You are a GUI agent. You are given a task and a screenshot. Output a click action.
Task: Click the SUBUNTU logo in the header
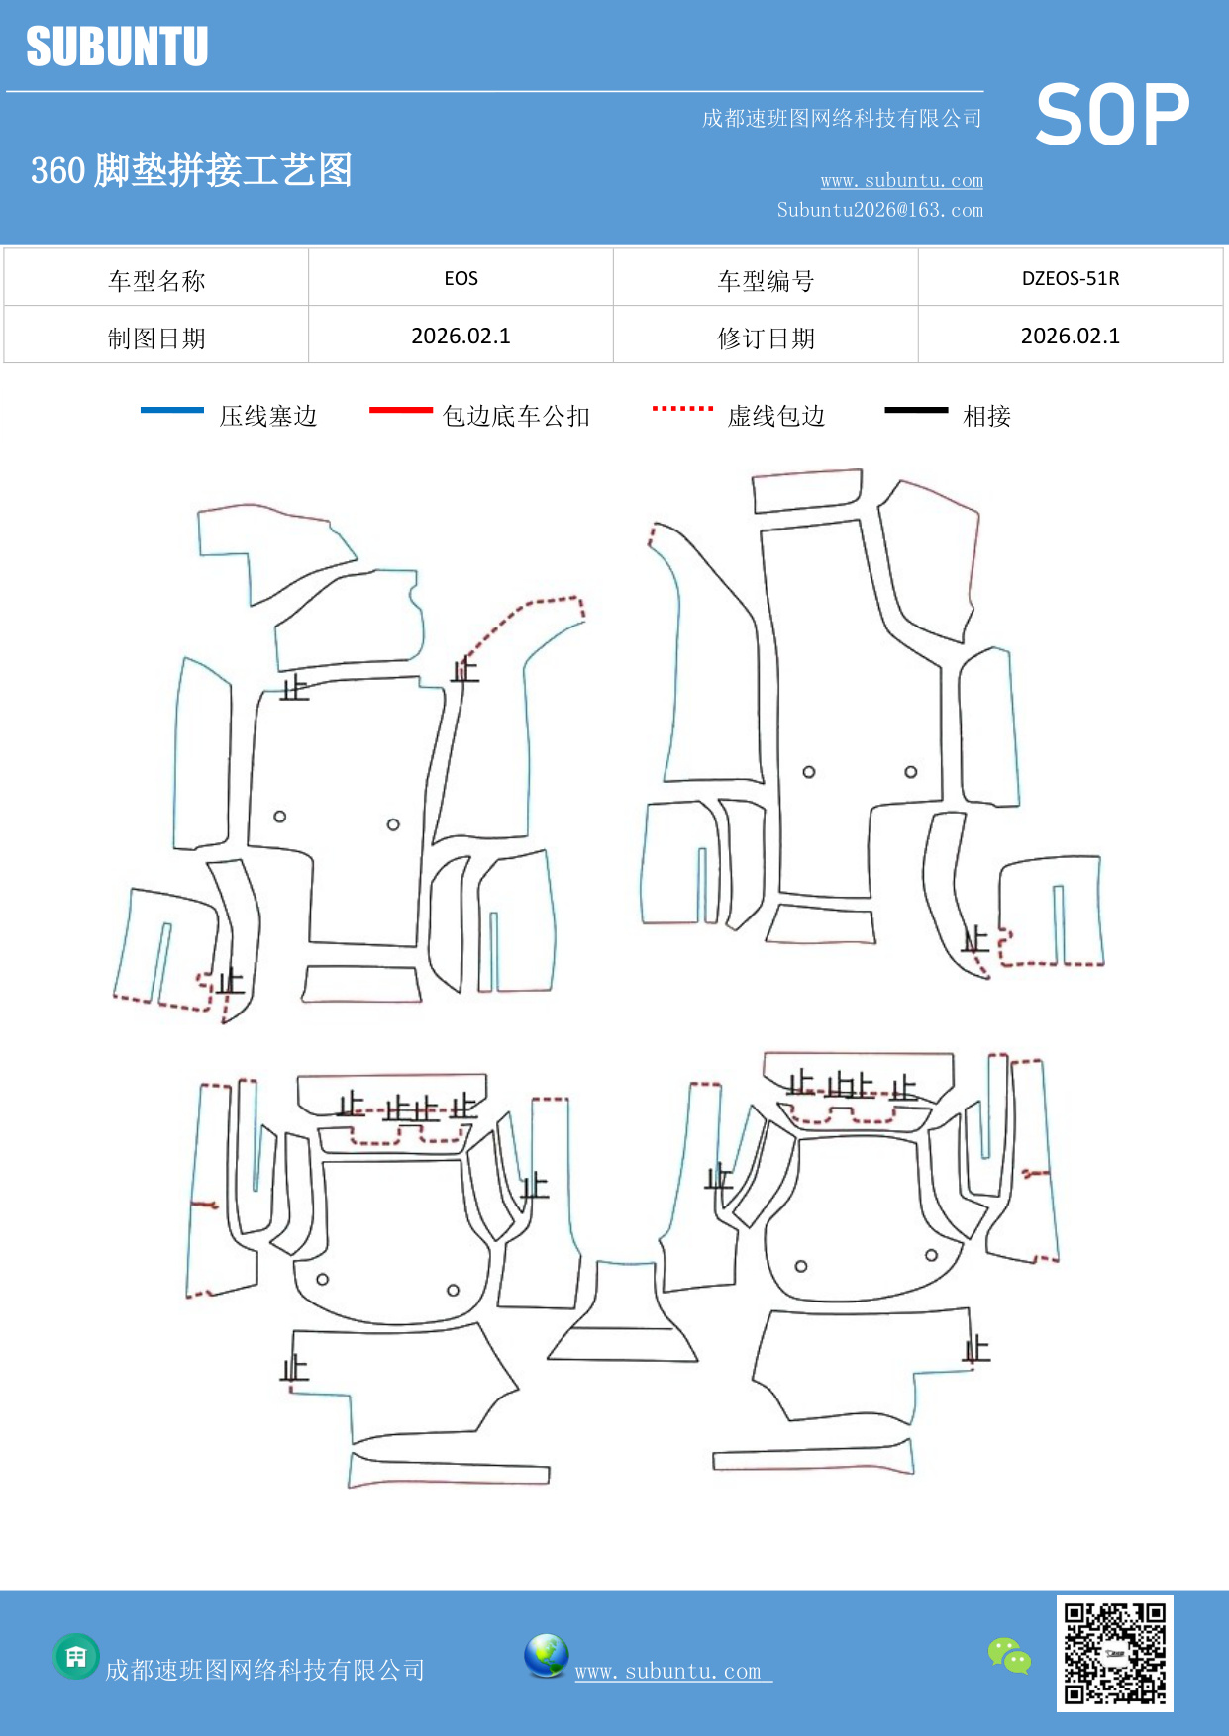pyautogui.click(x=117, y=47)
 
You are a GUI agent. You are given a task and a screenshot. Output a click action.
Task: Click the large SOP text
pyautogui.click(x=1111, y=116)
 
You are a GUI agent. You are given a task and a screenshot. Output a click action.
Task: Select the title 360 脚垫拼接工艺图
pyautogui.click(x=191, y=170)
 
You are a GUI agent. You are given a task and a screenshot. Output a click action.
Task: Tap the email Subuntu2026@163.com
pyautogui.click(x=879, y=210)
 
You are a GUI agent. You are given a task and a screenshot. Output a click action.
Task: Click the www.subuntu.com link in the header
pyautogui.click(x=901, y=180)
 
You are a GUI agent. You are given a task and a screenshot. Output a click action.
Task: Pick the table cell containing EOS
pyautogui.click(x=461, y=278)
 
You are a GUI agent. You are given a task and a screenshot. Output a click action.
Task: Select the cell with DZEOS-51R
pyautogui.click(x=1070, y=278)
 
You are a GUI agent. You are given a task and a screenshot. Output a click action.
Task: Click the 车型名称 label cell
pyautogui.click(x=156, y=280)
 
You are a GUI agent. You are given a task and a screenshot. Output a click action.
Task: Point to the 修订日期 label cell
pyautogui.click(x=766, y=338)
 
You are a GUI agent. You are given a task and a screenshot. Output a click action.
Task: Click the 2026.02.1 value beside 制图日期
pyautogui.click(x=461, y=336)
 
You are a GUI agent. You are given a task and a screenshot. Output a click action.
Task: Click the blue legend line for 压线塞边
pyautogui.click(x=172, y=410)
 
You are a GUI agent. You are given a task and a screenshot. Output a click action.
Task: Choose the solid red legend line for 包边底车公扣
pyautogui.click(x=400, y=410)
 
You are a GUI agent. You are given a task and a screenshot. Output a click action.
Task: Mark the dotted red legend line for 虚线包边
pyautogui.click(x=682, y=408)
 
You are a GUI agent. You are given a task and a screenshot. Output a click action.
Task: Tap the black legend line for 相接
pyautogui.click(x=916, y=410)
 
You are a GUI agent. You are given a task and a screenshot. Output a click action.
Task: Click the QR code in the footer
pyautogui.click(x=1114, y=1653)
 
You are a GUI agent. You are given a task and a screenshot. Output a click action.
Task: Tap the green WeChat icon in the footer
pyautogui.click(x=1009, y=1655)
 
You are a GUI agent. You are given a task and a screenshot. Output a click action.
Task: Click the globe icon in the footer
pyautogui.click(x=546, y=1656)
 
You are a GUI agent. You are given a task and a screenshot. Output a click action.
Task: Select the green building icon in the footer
pyautogui.click(x=76, y=1656)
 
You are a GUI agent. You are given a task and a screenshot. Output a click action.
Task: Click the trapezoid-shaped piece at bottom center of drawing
pyautogui.click(x=624, y=1316)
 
